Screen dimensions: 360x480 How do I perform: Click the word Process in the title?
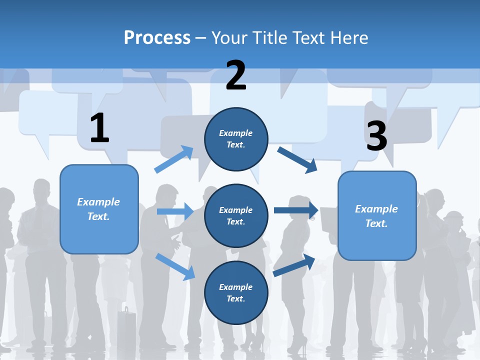(157, 37)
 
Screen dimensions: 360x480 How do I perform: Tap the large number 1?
(99, 128)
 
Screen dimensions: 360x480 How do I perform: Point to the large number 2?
(236, 75)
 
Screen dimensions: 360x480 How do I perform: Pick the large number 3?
(376, 136)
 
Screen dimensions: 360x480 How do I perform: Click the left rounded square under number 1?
(99, 209)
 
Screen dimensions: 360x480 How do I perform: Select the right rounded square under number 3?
(377, 215)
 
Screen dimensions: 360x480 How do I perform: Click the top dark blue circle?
(236, 139)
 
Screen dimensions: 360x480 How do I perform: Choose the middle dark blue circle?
(236, 215)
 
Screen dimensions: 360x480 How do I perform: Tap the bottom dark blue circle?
(236, 292)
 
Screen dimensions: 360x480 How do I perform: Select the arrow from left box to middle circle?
(175, 211)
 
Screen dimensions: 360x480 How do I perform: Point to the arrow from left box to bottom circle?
(175, 266)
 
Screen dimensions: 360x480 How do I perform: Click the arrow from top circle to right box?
(297, 159)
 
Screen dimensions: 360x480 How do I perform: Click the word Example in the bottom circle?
(235, 287)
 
